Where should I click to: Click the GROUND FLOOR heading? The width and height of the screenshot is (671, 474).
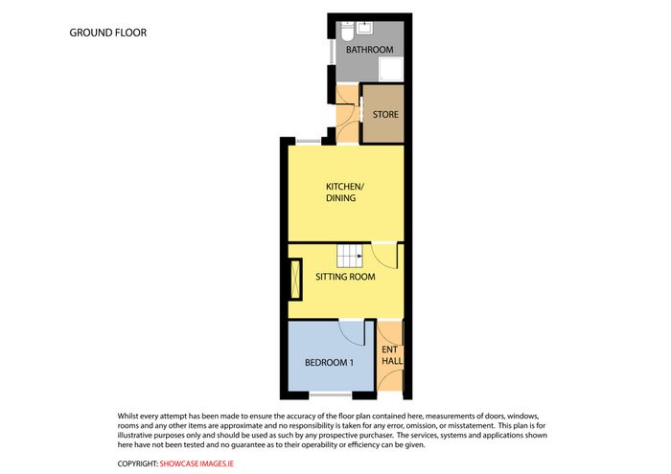point(107,33)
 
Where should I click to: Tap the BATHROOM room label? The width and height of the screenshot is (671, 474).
point(369,50)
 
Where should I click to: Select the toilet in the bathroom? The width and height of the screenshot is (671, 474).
point(347,32)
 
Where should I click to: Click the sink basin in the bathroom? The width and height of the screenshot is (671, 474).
point(365,28)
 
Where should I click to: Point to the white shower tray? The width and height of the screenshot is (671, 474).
point(391,69)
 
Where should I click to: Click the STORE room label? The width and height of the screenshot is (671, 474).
point(385,115)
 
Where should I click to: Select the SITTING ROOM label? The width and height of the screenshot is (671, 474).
point(345,277)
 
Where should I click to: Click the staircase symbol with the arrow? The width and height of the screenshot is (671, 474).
point(350,256)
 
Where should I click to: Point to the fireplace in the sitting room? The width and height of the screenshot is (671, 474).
point(295,280)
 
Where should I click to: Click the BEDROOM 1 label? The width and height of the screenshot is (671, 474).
point(329,363)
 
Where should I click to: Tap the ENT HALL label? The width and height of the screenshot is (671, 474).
point(391,355)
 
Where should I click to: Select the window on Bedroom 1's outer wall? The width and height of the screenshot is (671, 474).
point(331,395)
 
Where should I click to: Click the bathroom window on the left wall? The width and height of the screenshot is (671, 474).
point(332,53)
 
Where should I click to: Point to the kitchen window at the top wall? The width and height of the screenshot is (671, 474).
point(308,141)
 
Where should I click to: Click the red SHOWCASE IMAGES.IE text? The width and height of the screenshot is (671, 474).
point(197,463)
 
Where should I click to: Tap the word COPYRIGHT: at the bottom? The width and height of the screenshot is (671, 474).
point(138,463)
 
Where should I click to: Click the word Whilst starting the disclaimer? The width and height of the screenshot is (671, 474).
point(127,416)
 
